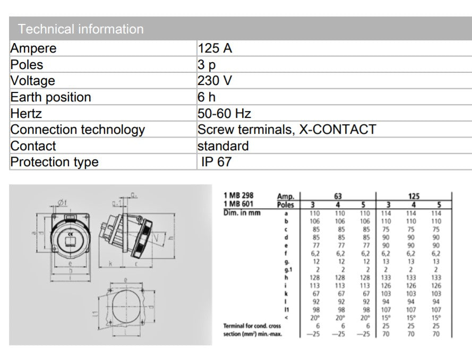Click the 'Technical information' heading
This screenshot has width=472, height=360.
(x=81, y=29)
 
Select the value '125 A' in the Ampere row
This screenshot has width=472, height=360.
(x=215, y=48)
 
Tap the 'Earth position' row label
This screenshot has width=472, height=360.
(x=51, y=97)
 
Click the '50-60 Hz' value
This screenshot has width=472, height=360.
(x=224, y=114)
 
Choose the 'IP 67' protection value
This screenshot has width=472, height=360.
(x=217, y=162)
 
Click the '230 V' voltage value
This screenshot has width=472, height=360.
(x=214, y=81)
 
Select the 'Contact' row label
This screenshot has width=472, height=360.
(x=33, y=146)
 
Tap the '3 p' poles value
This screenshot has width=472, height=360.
(x=207, y=65)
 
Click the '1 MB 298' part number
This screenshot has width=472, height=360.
(x=238, y=196)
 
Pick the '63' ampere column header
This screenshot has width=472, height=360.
(x=338, y=196)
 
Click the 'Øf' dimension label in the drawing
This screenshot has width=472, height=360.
(x=62, y=202)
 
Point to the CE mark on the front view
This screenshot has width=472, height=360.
(x=69, y=232)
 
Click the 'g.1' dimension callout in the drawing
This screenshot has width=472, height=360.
(x=116, y=203)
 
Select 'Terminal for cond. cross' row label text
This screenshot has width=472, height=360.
(x=252, y=325)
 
